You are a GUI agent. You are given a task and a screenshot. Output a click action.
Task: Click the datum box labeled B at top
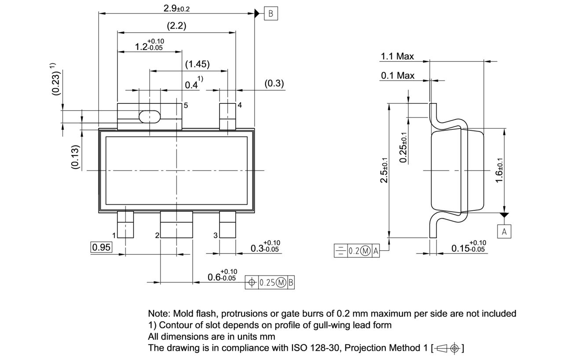click(x=271, y=13)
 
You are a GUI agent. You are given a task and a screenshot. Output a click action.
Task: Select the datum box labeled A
click(x=504, y=231)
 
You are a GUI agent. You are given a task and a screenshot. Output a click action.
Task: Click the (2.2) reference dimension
click(x=176, y=26)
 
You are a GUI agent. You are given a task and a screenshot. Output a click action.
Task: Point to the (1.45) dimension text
click(x=197, y=64)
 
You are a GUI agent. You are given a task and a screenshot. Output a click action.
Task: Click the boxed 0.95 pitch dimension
click(x=101, y=247)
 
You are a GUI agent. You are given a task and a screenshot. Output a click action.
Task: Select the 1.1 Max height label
click(x=397, y=56)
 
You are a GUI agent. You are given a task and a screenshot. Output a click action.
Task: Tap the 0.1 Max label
click(x=398, y=76)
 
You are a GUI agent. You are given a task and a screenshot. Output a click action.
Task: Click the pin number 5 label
click(x=186, y=106)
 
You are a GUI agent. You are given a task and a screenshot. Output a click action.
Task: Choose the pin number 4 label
click(x=240, y=106)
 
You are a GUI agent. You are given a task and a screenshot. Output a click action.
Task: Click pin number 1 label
click(x=113, y=235)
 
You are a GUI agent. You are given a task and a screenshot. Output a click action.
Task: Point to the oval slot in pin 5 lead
click(x=149, y=117)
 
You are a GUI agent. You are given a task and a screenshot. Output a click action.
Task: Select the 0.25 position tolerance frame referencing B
click(x=270, y=283)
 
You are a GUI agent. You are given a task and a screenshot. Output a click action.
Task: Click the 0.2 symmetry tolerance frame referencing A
click(x=357, y=251)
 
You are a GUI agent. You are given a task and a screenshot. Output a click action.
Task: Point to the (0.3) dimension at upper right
click(x=274, y=84)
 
